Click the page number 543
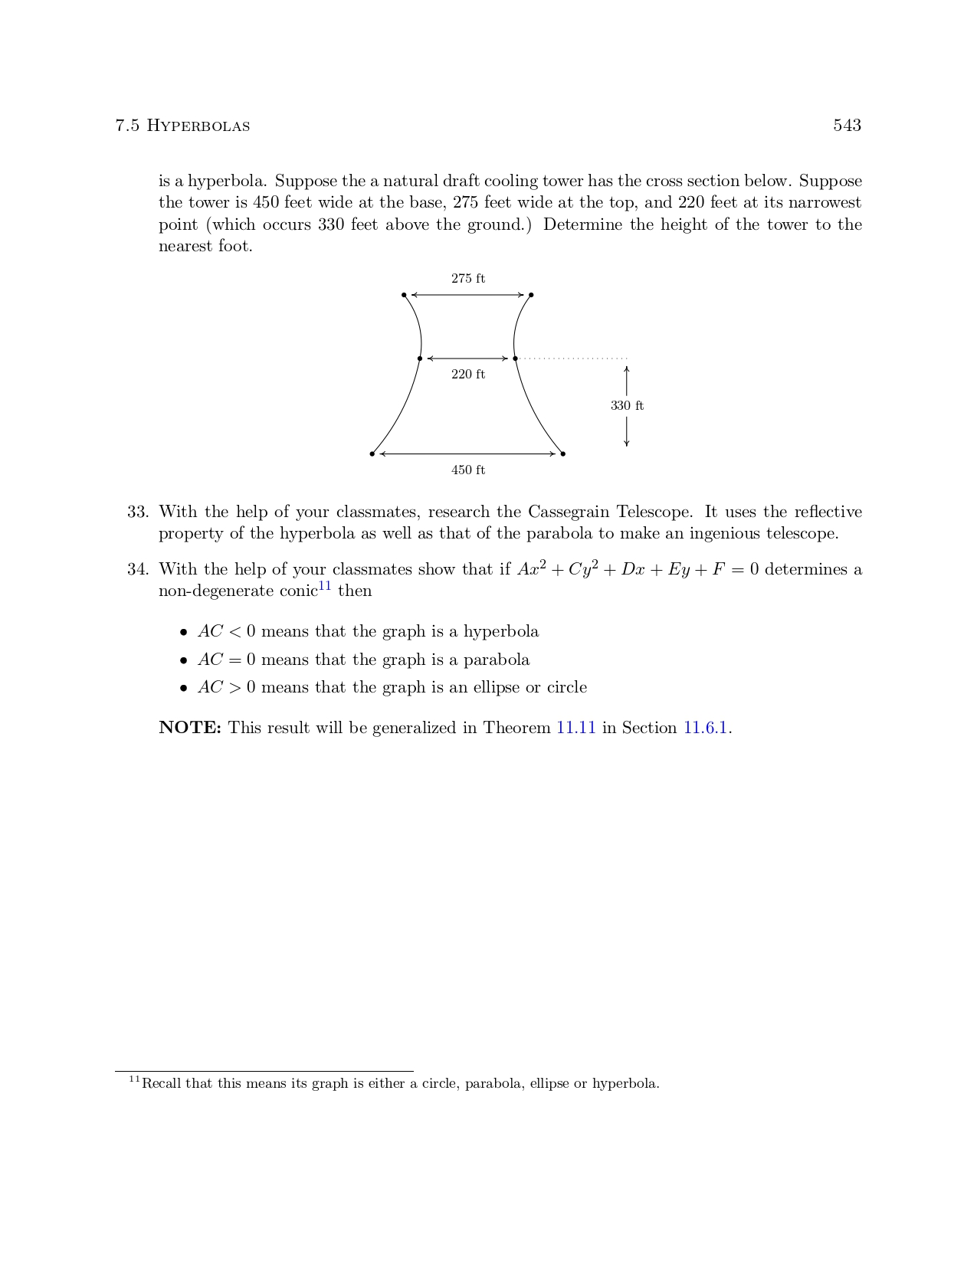pyautogui.click(x=847, y=126)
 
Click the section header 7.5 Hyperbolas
pyautogui.click(x=182, y=126)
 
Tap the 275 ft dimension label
pyautogui.click(x=467, y=279)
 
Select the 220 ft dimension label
pyautogui.click(x=467, y=375)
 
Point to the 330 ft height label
pyautogui.click(x=627, y=406)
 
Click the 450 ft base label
pyautogui.click(x=467, y=470)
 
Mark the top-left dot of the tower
pyautogui.click(x=404, y=295)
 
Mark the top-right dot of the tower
pyautogui.click(x=531, y=295)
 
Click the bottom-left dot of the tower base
pyautogui.click(x=372, y=454)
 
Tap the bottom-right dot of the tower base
pyautogui.click(x=563, y=454)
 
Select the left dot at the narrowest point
pyautogui.click(x=420, y=359)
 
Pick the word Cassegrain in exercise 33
pyautogui.click(x=569, y=512)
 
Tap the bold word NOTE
pyautogui.click(x=190, y=728)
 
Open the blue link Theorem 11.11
pyautogui.click(x=575, y=728)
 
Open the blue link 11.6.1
pyautogui.click(x=705, y=728)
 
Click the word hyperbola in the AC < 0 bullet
pyautogui.click(x=501, y=632)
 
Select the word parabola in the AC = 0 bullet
pyautogui.click(x=497, y=660)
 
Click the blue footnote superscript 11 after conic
pyautogui.click(x=325, y=586)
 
